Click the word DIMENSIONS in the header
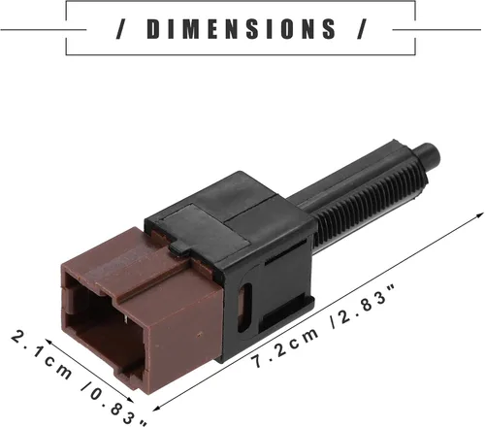[x=242, y=29]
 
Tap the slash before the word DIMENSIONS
[x=121, y=29]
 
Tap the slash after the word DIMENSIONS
[x=362, y=29]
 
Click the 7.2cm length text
[x=285, y=347]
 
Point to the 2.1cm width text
[x=42, y=354]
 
